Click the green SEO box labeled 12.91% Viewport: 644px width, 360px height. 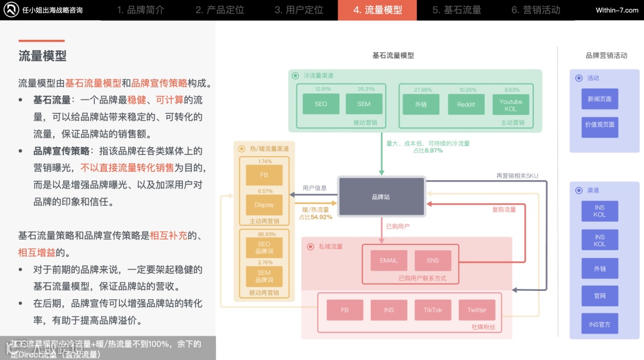[x=321, y=104]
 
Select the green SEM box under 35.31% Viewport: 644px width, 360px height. [x=364, y=104]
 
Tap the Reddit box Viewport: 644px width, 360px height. [x=466, y=104]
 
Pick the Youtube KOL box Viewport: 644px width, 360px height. [x=510, y=104]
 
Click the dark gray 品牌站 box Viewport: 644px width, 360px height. [x=381, y=197]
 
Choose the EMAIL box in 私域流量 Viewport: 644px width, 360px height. [x=389, y=260]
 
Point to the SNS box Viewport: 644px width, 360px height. [x=433, y=260]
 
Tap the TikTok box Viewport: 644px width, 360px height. [x=433, y=310]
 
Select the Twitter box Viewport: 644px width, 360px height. [x=477, y=310]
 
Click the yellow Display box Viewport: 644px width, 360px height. [x=264, y=205]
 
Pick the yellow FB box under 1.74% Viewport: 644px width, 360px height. [x=264, y=175]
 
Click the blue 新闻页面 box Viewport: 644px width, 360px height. [x=599, y=99]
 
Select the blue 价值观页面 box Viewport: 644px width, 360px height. [x=599, y=125]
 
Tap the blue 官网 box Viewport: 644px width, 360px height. [x=599, y=296]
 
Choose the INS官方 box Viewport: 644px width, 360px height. [x=599, y=324]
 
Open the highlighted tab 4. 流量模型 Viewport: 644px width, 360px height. [x=377, y=10]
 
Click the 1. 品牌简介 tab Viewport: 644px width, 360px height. [x=141, y=10]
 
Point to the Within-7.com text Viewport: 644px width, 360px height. [x=617, y=10]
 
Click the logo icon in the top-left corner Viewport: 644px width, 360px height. [x=10, y=10]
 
